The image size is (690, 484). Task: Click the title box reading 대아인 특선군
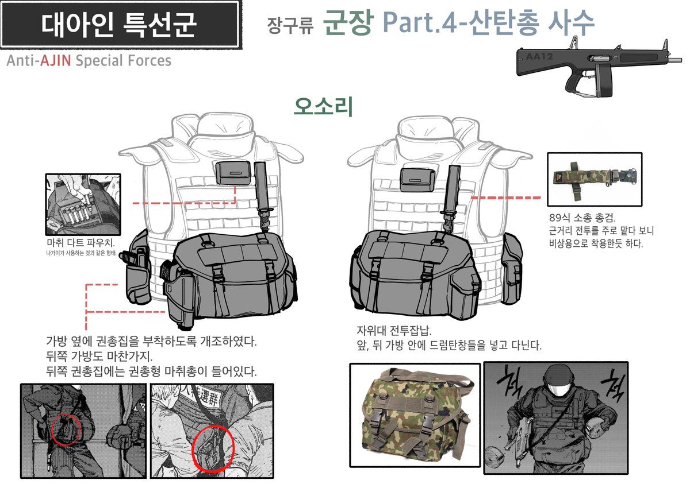[119, 24]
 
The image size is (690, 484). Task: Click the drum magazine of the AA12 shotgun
[605, 80]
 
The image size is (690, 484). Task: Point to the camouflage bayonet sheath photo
[594, 179]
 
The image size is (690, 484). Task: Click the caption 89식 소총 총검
[582, 219]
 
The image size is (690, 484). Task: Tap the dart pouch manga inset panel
[83, 204]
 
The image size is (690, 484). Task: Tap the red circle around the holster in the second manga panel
[213, 448]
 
